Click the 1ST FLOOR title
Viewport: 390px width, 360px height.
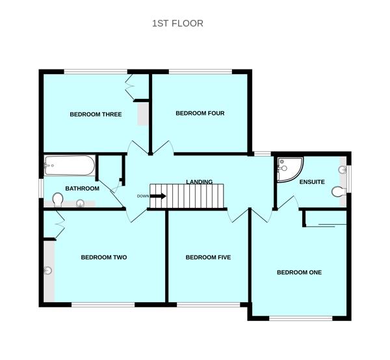point(177,23)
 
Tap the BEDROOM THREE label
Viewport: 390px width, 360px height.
point(96,114)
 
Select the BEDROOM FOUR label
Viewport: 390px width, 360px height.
point(200,113)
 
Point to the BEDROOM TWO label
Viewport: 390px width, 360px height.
point(103,257)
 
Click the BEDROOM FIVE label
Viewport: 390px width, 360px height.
point(208,257)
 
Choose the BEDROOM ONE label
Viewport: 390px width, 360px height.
point(299,272)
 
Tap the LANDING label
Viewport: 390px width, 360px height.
point(199,181)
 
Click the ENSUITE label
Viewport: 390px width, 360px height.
point(312,182)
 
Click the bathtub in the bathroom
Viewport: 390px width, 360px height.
point(70,166)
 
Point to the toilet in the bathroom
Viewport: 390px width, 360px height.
point(57,198)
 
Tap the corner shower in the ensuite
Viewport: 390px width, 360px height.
point(287,169)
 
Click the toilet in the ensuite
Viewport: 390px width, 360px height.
point(337,192)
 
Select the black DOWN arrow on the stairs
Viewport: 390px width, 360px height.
point(159,196)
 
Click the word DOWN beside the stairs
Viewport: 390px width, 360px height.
point(143,196)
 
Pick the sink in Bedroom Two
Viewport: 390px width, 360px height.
point(48,270)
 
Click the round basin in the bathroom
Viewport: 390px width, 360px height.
point(81,203)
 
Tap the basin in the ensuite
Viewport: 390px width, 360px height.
point(342,170)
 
